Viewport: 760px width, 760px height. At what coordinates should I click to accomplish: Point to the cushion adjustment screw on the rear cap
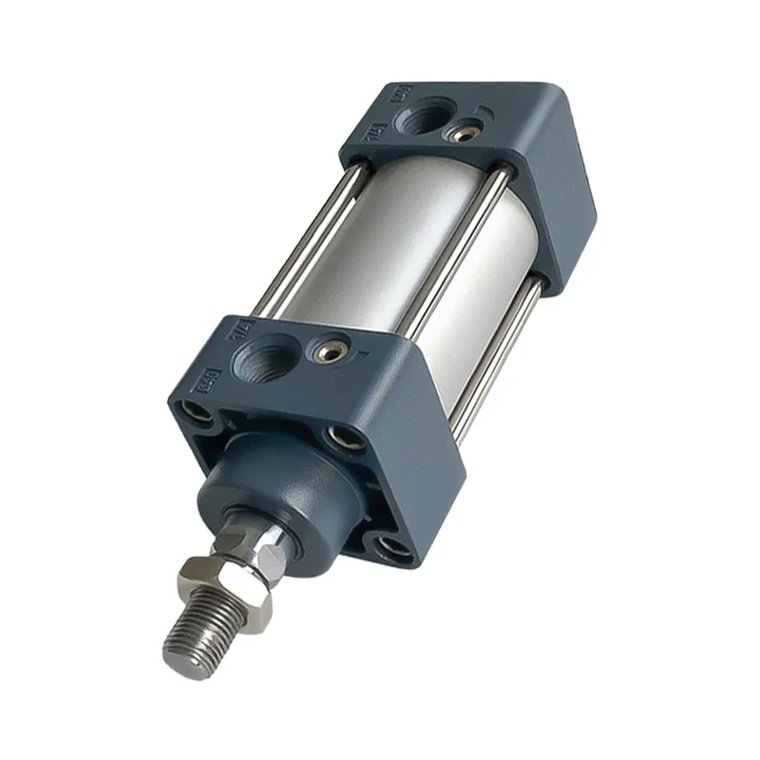click(464, 133)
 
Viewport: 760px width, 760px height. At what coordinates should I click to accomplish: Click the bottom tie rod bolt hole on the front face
click(389, 546)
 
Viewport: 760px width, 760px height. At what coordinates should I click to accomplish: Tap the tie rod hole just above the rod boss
click(338, 436)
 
